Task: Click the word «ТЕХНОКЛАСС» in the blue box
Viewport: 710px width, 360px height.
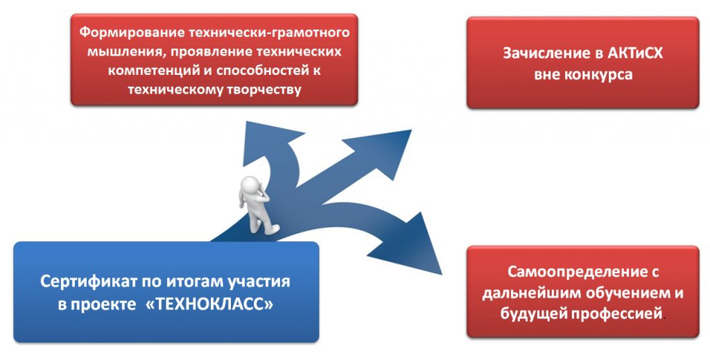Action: tap(209, 304)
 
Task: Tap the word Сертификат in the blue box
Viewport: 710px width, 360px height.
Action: tap(88, 282)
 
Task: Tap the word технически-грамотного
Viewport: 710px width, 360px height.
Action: tap(269, 32)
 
